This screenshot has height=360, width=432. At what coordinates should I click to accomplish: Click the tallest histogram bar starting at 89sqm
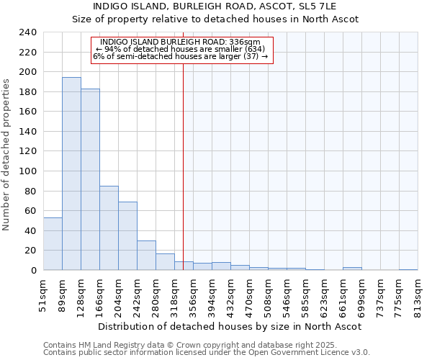click(x=71, y=174)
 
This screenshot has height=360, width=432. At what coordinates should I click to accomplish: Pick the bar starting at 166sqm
click(x=109, y=228)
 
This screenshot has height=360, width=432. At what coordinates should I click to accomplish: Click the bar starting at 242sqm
click(x=146, y=255)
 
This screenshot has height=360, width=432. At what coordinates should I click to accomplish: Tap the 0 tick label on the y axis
click(x=33, y=270)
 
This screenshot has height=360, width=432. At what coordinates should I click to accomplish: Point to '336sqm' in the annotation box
click(x=255, y=42)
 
